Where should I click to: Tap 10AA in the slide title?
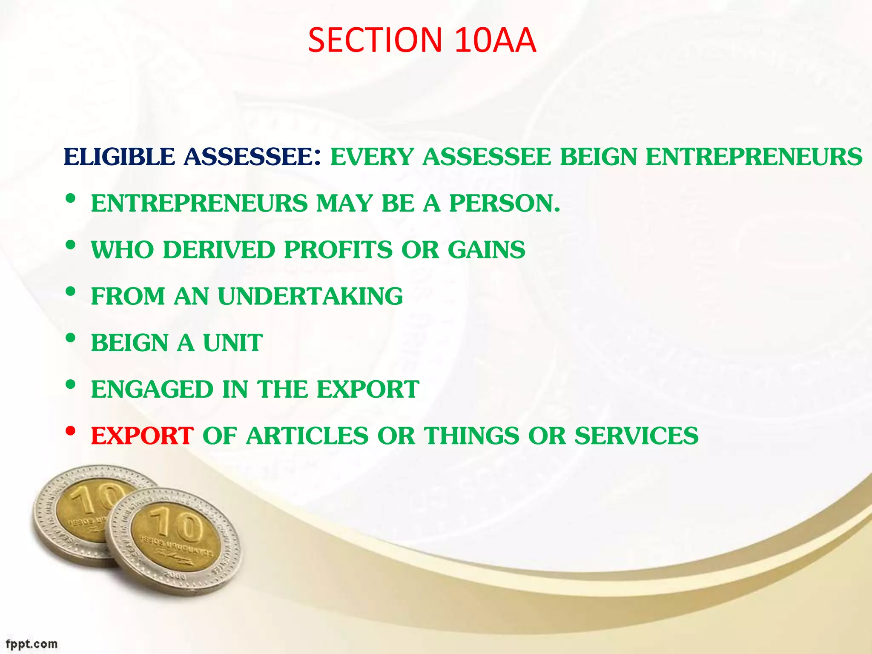[x=495, y=40]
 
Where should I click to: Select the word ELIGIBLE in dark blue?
[x=119, y=157]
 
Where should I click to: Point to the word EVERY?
[x=372, y=157]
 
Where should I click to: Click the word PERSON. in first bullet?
[x=505, y=203]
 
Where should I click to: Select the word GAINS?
[x=486, y=250]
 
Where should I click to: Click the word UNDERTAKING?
[x=310, y=296]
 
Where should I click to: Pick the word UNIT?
[x=232, y=343]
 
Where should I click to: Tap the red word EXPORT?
[x=142, y=436]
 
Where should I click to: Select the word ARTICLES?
[x=307, y=436]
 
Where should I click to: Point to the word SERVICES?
[x=636, y=436]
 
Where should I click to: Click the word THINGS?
[x=471, y=436]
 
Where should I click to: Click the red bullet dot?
[x=71, y=431]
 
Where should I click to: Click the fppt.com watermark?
[x=31, y=644]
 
